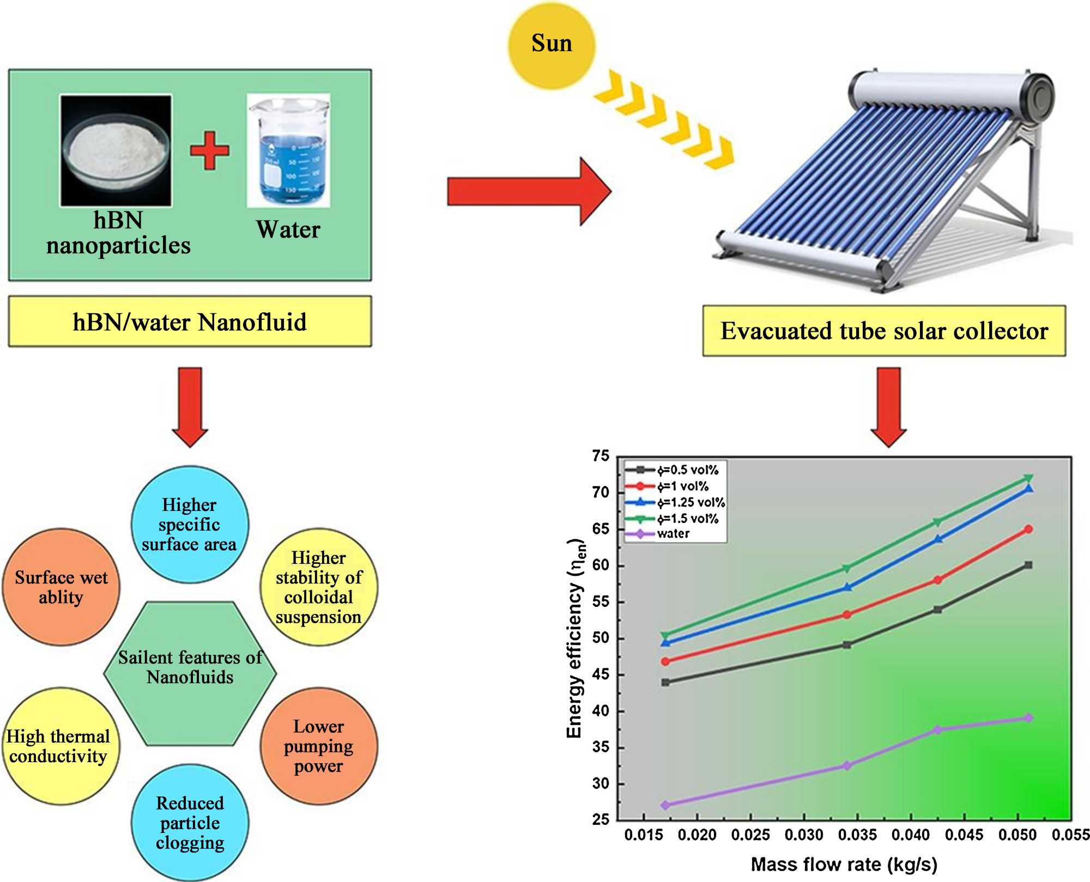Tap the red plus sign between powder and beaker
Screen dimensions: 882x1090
tap(210, 150)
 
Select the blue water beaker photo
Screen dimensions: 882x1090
tap(288, 150)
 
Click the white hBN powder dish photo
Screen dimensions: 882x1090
tap(116, 150)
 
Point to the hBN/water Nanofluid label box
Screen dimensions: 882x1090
tap(190, 322)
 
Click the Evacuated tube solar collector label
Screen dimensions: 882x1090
tap(884, 331)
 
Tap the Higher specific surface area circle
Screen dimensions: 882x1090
tap(190, 524)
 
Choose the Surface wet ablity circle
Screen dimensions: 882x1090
tap(61, 587)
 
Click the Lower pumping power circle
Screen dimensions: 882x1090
tap(319, 746)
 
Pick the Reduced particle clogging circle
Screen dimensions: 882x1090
tap(190, 823)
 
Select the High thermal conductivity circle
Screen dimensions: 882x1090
tap(59, 746)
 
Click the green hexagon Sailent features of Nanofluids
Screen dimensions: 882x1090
tap(190, 673)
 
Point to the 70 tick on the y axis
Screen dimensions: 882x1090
tap(601, 492)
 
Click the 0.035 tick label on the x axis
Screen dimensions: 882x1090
tap(857, 835)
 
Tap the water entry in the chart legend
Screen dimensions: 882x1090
tap(673, 534)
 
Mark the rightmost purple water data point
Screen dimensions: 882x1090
tap(1028, 718)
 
